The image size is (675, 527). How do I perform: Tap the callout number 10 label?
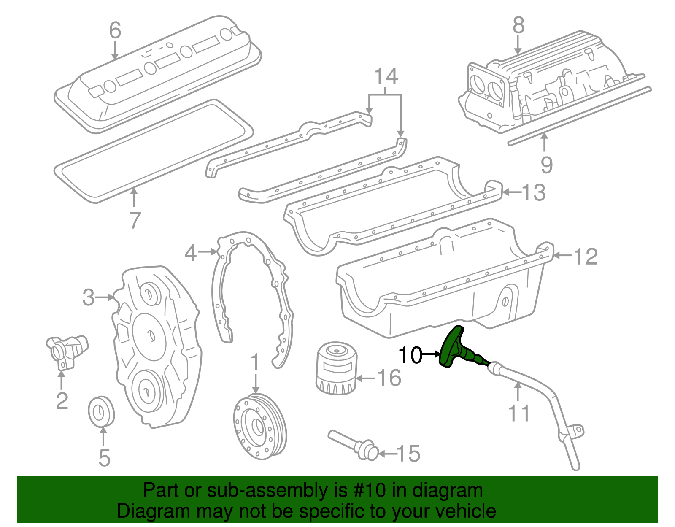coord(410,355)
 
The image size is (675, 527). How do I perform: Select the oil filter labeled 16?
coord(337,368)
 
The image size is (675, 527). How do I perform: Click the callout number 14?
coord(386,77)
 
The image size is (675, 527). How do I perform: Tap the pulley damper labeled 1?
coord(259,426)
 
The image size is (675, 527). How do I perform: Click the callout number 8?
coord(518,25)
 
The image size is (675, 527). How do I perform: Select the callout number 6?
coord(115,30)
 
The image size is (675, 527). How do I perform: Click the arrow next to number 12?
coord(563,255)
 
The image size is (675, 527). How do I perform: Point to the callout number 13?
coord(534,193)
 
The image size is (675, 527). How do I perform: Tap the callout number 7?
coord(134,220)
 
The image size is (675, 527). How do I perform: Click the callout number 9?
coord(546,165)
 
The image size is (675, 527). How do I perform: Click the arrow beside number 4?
coord(208,252)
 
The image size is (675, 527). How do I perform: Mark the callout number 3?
coord(89,297)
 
